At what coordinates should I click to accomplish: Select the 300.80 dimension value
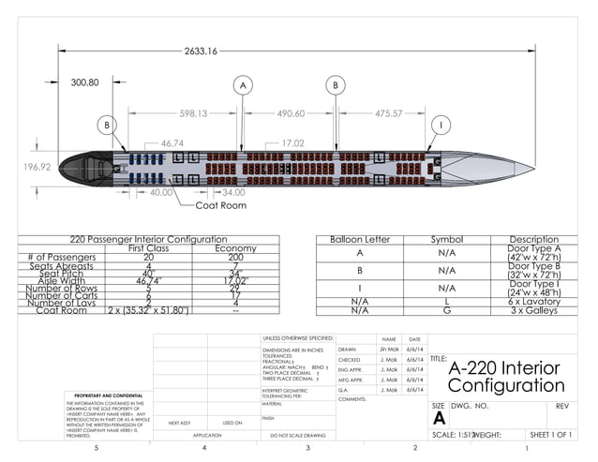coord(85,82)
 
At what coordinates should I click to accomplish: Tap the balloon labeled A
coord(243,85)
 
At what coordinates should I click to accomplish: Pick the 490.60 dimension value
coord(291,113)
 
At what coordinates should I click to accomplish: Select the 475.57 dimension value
coord(388,113)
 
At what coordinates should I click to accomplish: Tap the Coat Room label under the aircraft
coord(221,204)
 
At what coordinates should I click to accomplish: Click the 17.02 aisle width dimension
coord(292,143)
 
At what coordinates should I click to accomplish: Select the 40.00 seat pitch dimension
coord(161,192)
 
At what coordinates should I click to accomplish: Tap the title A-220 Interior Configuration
coord(506,376)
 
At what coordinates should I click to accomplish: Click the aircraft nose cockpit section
coord(84,170)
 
